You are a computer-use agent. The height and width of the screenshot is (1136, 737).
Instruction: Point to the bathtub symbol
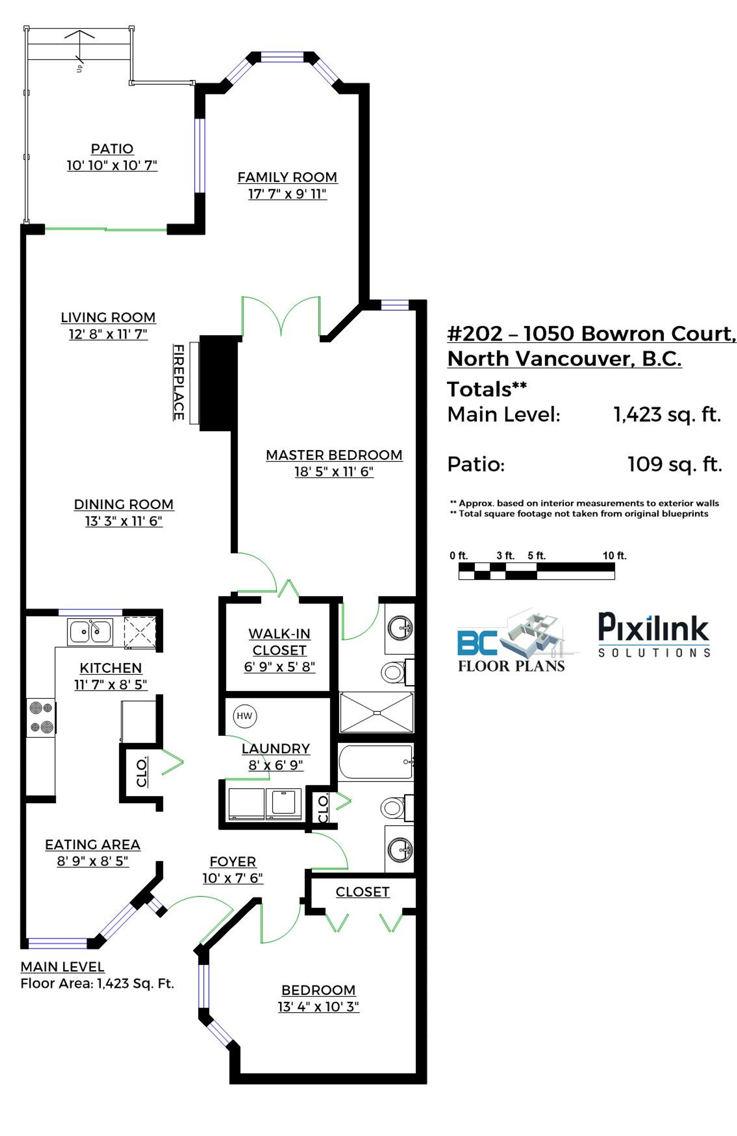[x=375, y=762]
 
